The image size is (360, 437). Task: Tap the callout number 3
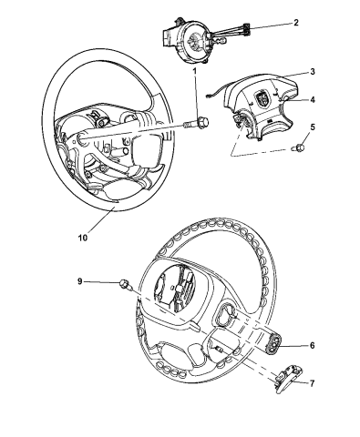pos(312,71)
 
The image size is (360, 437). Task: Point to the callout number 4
pos(312,99)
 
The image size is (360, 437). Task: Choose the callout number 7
pos(312,384)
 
